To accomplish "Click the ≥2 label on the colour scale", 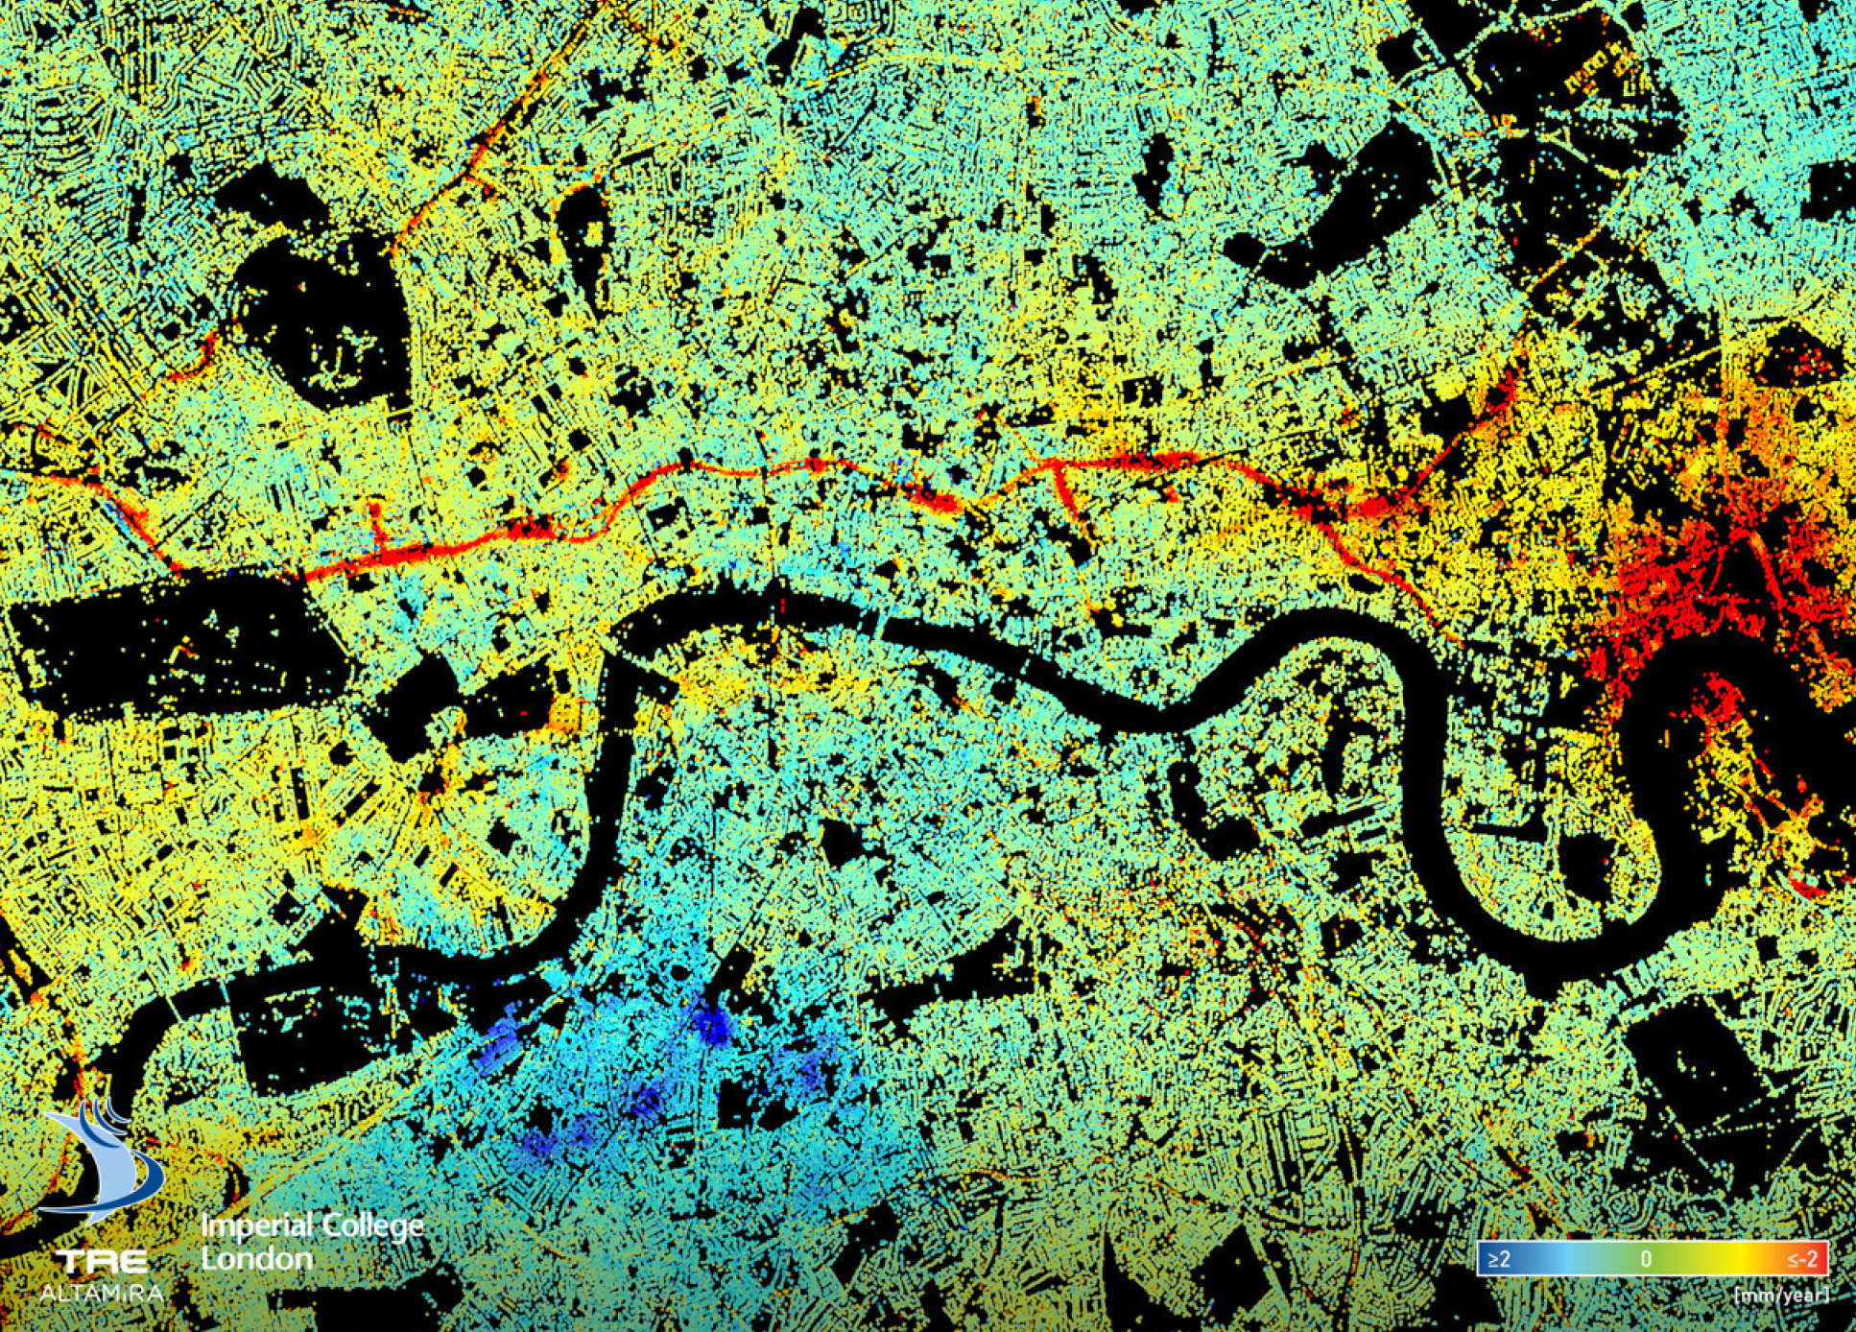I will click(1499, 1258).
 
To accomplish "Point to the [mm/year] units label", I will click(1780, 1295).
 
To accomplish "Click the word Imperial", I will click(256, 1226).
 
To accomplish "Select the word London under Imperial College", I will click(256, 1258).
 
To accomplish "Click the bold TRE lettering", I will click(101, 1261).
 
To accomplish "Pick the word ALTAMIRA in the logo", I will click(101, 1292).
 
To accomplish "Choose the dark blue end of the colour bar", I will click(1485, 1258).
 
